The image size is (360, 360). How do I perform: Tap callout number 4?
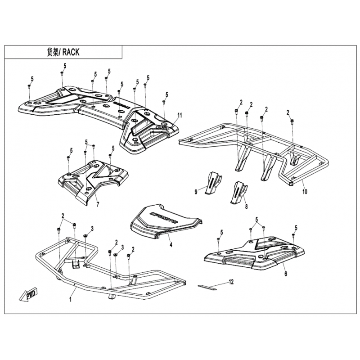[x=171, y=246]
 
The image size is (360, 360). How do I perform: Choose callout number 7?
[x=98, y=205]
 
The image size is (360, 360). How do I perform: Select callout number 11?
[x=179, y=116]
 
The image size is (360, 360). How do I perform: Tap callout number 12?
[x=231, y=282]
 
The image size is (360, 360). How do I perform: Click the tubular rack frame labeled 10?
[x=252, y=144]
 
